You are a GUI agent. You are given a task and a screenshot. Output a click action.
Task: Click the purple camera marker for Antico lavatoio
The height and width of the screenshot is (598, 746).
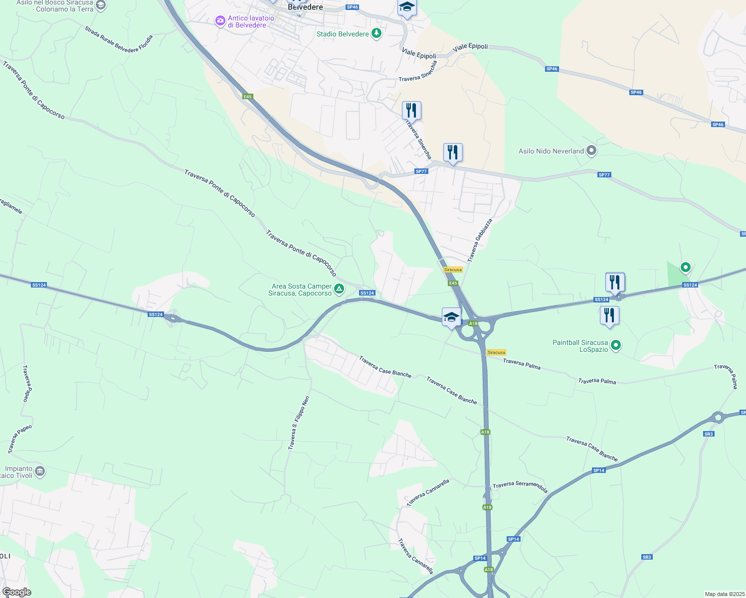[220, 21]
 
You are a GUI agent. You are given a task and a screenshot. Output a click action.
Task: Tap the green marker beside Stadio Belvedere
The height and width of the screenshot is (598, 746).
[376, 34]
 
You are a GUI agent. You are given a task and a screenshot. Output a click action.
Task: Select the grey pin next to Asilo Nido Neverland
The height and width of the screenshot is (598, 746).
[591, 150]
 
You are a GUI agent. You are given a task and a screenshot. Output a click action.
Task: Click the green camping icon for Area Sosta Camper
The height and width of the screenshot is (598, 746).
[339, 289]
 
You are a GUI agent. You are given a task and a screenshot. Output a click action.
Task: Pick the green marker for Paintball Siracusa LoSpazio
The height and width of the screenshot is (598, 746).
[616, 345]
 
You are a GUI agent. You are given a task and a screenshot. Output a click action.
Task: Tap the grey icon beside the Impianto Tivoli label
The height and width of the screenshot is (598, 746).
[40, 471]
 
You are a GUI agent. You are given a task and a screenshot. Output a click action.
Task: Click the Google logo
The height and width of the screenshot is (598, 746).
[16, 592]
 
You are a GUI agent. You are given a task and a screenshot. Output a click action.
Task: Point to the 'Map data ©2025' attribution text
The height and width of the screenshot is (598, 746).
[724, 594]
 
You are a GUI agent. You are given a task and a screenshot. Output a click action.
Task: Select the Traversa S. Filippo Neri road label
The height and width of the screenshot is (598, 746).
[299, 423]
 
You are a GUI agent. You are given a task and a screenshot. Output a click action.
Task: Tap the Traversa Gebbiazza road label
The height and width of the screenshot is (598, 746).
[480, 240]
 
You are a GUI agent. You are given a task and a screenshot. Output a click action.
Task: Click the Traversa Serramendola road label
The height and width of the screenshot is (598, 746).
[520, 487]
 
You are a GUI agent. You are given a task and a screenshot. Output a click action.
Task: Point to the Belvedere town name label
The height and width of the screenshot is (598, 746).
[305, 7]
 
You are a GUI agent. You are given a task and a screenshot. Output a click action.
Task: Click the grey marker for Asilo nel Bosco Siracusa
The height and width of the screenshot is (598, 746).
[101, 5]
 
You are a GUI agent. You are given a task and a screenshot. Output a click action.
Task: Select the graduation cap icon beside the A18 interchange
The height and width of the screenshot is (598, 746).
[451, 317]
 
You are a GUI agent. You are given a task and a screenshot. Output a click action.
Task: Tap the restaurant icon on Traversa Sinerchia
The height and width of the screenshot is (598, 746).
[411, 111]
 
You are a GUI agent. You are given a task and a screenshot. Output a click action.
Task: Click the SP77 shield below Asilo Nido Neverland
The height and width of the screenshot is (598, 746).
[604, 175]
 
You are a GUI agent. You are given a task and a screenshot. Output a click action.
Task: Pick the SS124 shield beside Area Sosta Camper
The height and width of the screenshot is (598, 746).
[367, 293]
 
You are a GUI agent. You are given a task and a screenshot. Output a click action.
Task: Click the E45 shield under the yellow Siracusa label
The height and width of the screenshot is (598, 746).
[453, 283]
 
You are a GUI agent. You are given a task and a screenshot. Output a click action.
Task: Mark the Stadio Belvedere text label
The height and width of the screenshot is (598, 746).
[343, 34]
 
